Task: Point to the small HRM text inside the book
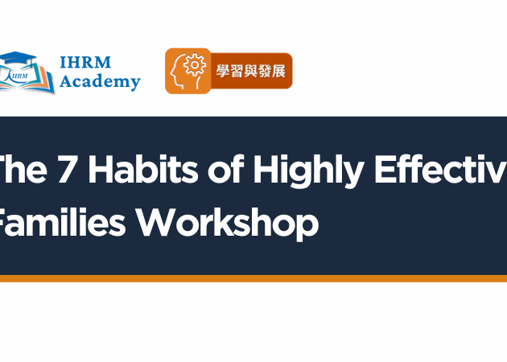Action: point(29,77)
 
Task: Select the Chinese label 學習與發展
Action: point(250,71)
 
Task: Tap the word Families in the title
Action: point(60,222)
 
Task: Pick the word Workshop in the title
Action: point(225,223)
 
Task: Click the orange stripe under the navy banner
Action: point(253,278)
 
